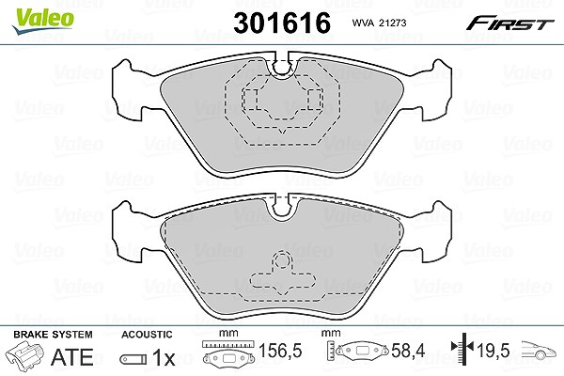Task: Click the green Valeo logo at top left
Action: (x=43, y=22)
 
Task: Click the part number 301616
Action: (x=282, y=23)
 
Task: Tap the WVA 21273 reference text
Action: (x=379, y=23)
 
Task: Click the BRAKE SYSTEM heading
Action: (x=53, y=335)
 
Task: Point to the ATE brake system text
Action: (x=72, y=357)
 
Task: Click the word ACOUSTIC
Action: (x=147, y=335)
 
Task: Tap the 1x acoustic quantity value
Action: (x=164, y=357)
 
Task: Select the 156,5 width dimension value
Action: (x=280, y=351)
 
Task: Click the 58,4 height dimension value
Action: (x=408, y=351)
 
